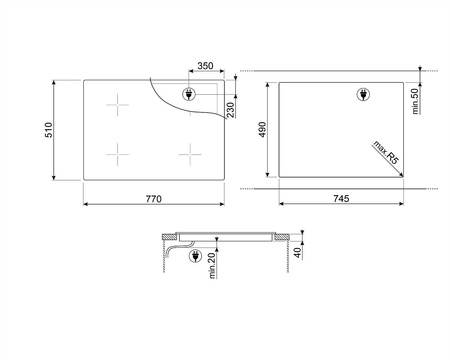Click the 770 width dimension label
(153, 199)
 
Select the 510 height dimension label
(49, 130)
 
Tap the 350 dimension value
(205, 66)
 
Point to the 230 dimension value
(231, 110)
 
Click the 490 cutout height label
(263, 129)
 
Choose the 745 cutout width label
(341, 199)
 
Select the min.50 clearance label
(415, 101)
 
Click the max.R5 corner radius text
(386, 152)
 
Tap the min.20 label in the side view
(212, 265)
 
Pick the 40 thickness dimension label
(298, 252)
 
